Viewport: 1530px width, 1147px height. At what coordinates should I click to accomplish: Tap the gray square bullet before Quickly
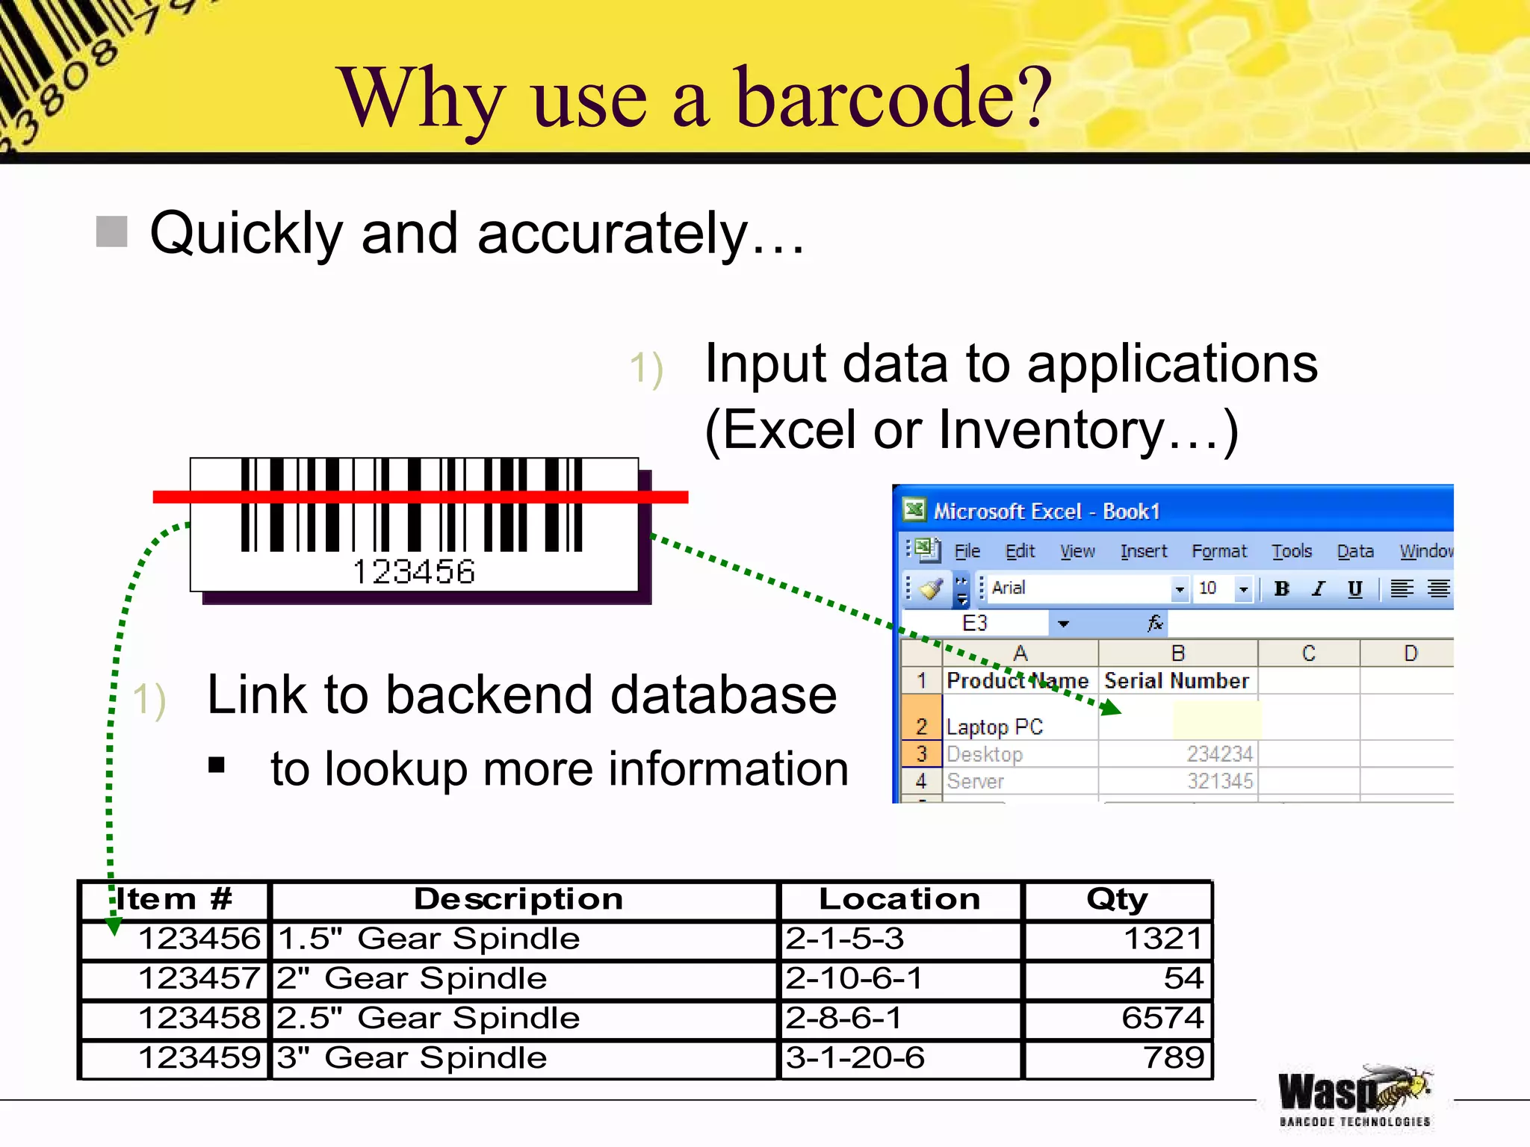click(112, 231)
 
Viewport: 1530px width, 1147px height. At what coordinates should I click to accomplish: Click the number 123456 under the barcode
click(413, 572)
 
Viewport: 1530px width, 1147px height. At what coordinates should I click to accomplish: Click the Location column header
click(899, 899)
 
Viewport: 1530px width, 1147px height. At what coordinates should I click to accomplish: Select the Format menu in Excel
click(1218, 551)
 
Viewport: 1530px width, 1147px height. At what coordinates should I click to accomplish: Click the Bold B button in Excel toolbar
click(1281, 588)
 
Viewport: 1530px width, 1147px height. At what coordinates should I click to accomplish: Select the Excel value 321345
click(1219, 781)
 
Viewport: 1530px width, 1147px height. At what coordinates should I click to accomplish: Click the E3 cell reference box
click(975, 623)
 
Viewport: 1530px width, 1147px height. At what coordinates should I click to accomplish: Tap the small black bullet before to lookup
click(217, 765)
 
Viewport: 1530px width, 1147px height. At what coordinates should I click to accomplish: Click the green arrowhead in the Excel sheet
click(1111, 707)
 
